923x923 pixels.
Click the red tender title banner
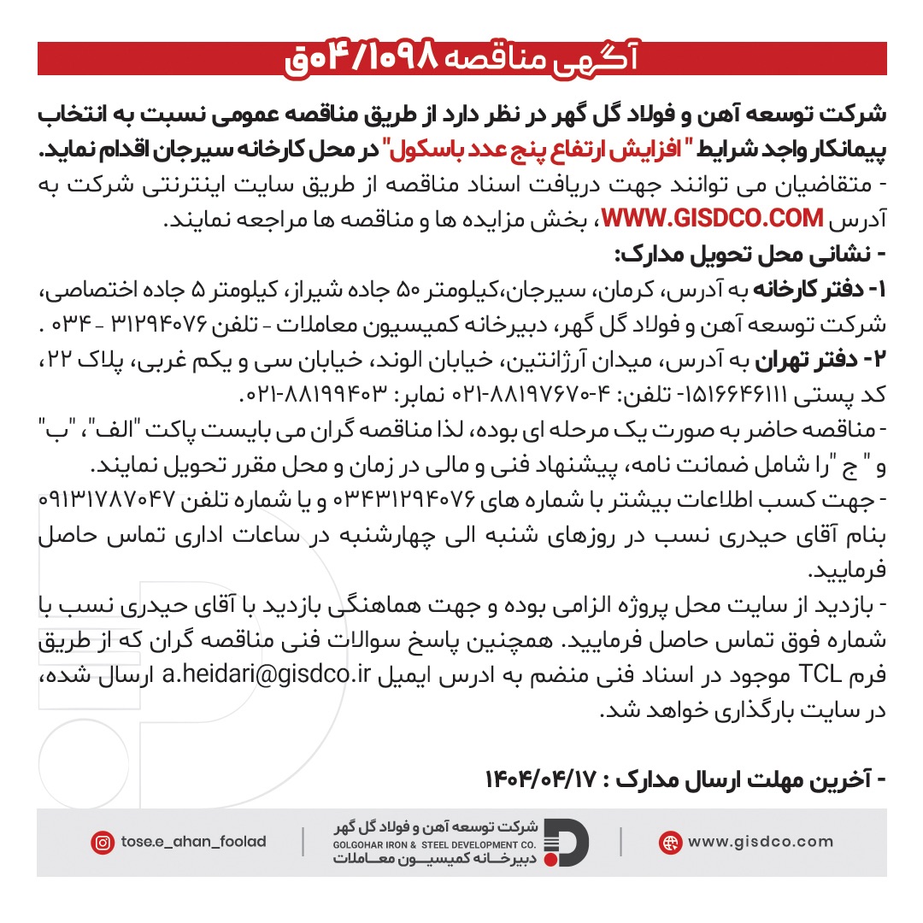(461, 58)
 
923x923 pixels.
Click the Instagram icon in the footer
(103, 842)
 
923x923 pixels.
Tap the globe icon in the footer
(670, 842)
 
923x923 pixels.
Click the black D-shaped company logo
(567, 842)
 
